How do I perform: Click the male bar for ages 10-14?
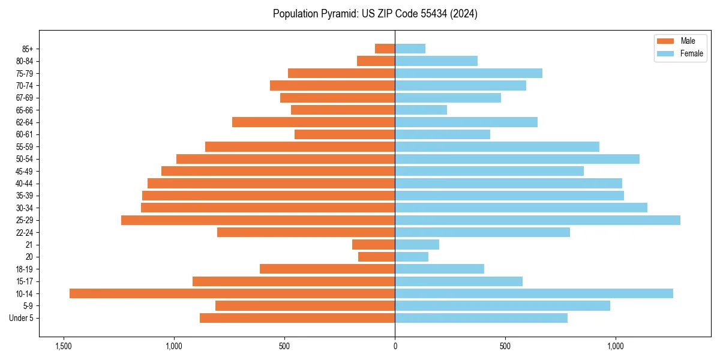232,293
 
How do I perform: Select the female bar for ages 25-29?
538,220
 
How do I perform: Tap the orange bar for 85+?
385,49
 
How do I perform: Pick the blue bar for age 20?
412,257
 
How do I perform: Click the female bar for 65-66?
421,110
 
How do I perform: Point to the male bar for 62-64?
313,122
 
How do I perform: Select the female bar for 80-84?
436,61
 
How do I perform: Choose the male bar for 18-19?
327,269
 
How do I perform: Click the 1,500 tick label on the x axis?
63,346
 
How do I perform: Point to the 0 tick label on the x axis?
395,346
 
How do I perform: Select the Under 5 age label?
21,318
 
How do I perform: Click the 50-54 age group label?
25,159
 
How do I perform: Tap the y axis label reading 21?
29,245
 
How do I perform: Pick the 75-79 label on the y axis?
25,73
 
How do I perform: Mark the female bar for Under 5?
481,318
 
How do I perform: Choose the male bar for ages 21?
373,244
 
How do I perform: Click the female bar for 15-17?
458,281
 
